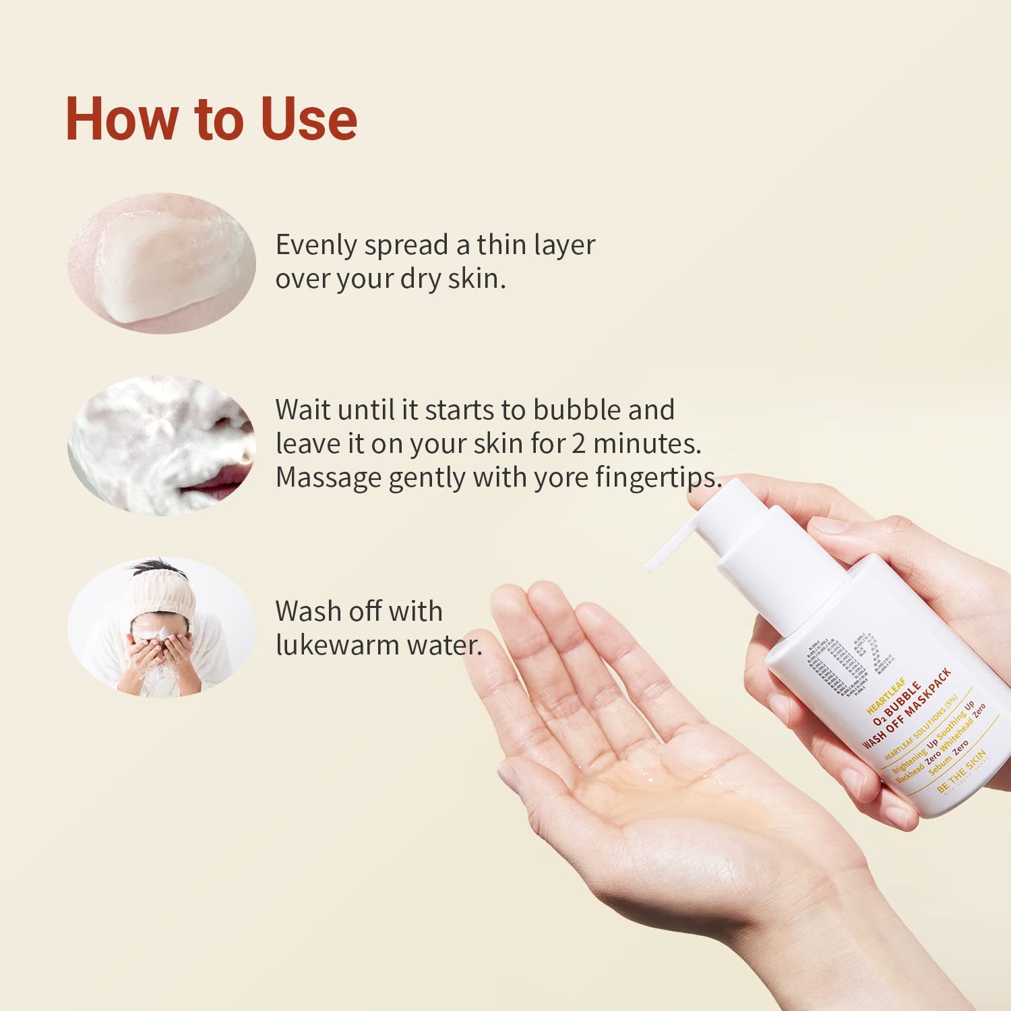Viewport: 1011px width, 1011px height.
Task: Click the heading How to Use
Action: tap(211, 119)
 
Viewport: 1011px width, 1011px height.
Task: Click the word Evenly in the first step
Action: tap(316, 245)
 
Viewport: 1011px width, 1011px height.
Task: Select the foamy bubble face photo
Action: tap(162, 446)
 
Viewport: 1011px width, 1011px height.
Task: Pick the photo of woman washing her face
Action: tap(162, 627)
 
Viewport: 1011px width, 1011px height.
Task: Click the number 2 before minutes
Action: tap(578, 443)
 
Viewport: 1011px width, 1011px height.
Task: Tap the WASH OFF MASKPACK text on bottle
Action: tap(907, 708)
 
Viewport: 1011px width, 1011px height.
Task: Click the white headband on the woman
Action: tap(162, 593)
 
